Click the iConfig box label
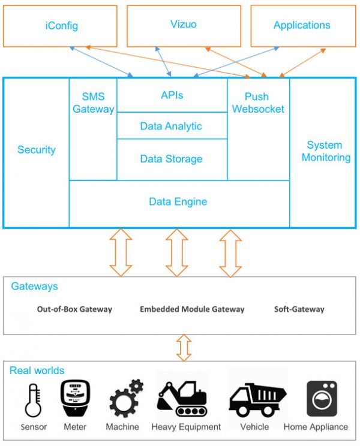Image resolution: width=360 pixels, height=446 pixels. pos(61,26)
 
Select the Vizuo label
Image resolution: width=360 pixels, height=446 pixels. pos(184,24)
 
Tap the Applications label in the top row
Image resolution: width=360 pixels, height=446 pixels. pos(302,25)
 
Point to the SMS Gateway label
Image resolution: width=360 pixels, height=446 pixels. pos(94,103)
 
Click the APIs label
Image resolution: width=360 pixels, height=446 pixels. pos(172,95)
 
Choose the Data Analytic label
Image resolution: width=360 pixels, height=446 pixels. pos(171,126)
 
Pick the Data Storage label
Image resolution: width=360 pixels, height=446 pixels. pos(172,159)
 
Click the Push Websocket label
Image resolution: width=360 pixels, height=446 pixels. pos(258,103)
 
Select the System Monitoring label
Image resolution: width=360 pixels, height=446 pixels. pos(326,151)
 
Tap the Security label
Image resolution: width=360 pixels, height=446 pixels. pos(37,150)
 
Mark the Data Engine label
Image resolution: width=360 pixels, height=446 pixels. pos(178,201)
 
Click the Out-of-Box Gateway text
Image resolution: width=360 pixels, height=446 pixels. pos(74,309)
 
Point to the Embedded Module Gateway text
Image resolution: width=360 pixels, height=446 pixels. pos(192,309)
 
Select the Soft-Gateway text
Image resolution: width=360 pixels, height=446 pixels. pos(299,309)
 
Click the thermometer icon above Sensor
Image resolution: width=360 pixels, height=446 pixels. pos(33,400)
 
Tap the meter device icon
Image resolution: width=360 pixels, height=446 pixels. pos(75,398)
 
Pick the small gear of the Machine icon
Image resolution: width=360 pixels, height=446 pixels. pos(136,386)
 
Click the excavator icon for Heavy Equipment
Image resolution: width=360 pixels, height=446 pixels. pos(182,399)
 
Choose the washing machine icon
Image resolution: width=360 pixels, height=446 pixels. pos(322,399)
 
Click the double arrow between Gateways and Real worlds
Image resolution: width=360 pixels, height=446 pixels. pos(184,348)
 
